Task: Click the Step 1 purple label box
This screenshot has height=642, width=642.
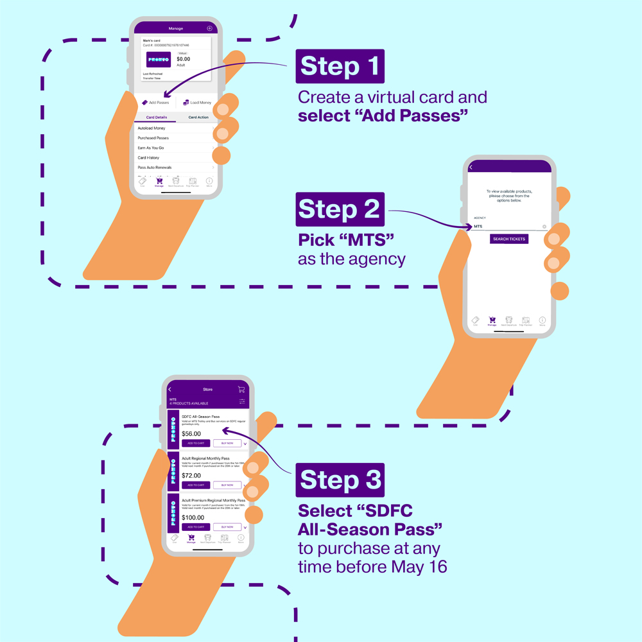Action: pos(340,66)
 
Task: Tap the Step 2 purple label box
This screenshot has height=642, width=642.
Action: pos(340,209)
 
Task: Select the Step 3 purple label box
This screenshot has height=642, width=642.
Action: pos(340,480)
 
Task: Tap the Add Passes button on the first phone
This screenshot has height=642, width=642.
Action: pos(155,103)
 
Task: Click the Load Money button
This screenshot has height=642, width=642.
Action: pos(197,103)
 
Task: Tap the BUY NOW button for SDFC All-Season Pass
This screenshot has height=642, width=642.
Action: pos(227,444)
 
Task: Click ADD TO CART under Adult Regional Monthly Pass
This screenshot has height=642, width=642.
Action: pos(196,485)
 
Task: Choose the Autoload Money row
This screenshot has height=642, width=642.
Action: pos(152,128)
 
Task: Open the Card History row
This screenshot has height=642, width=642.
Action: pos(148,157)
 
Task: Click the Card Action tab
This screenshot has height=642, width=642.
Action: pos(198,117)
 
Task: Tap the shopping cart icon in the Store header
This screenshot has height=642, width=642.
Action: pos(241,389)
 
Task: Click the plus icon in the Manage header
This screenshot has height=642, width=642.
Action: pos(209,28)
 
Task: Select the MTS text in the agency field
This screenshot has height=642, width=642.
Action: pos(478,227)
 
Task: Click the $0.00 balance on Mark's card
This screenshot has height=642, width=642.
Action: pos(184,59)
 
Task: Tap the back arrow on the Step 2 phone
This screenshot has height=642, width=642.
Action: pos(471,168)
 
